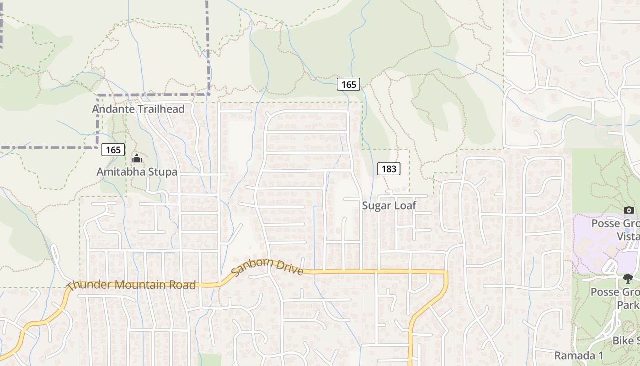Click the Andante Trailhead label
pos(138,109)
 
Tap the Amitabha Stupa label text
pos(137,172)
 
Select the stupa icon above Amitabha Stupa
pos(137,159)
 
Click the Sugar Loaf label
pos(389,206)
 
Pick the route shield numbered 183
pos(389,169)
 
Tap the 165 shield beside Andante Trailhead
pos(113,150)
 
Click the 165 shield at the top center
pos(348,84)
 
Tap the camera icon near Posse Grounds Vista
pos(629,210)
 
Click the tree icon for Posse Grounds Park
pos(629,278)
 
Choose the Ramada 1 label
pos(579,355)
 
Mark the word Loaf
pos(405,206)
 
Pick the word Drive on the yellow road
pos(288,268)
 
